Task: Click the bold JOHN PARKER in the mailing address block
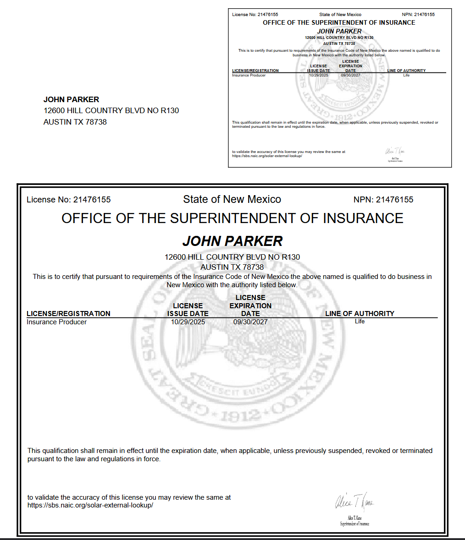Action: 71,99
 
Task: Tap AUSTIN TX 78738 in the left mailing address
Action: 75,122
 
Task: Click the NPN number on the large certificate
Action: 394,200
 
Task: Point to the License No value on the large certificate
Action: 92,200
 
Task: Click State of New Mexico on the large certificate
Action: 232,199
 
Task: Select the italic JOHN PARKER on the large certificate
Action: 232,241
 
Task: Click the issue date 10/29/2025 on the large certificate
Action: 188,322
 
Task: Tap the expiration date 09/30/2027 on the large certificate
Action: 250,322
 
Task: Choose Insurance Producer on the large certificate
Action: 56,322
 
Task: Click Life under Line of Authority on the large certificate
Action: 360,321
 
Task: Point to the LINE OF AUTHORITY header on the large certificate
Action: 360,313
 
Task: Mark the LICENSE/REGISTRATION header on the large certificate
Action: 68,313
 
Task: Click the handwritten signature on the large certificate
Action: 354,502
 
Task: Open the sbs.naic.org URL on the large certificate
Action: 90,505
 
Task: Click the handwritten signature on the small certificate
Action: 395,151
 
